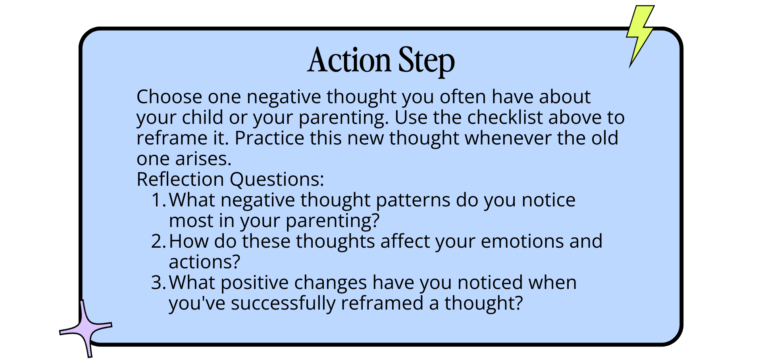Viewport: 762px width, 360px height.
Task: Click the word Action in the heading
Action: [x=349, y=60]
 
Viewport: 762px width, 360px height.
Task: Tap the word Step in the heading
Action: [x=426, y=62]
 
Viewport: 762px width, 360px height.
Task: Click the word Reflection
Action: [x=180, y=179]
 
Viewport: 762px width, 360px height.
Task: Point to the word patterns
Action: [x=413, y=200]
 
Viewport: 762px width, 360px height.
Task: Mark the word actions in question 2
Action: [x=205, y=262]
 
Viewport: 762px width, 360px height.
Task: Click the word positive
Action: [x=254, y=283]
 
